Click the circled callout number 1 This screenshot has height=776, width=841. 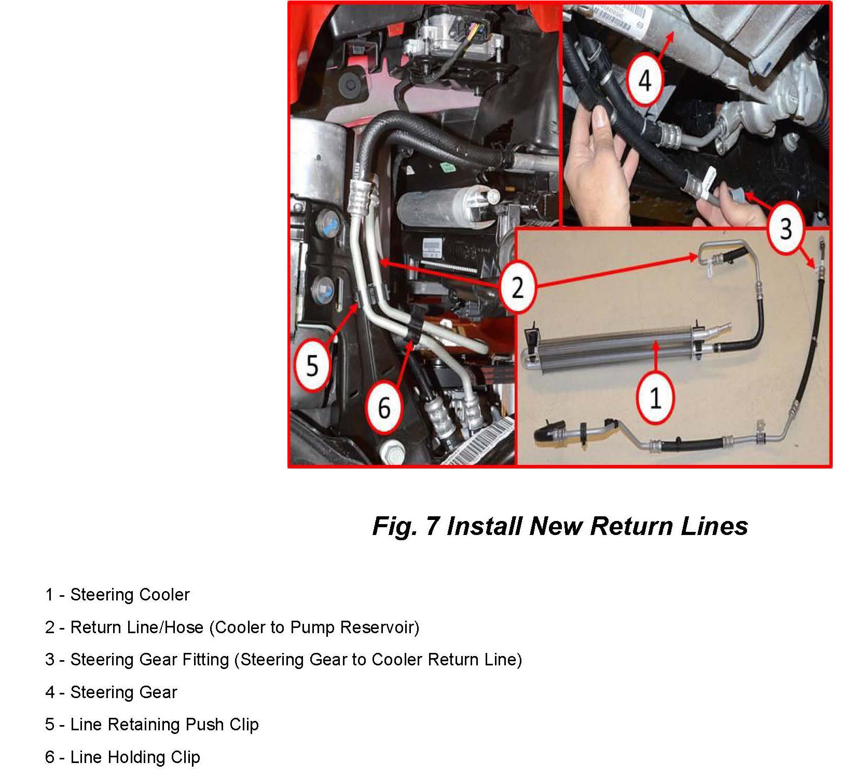click(x=655, y=398)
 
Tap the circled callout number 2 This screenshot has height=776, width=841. click(x=517, y=287)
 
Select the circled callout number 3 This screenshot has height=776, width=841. click(x=785, y=228)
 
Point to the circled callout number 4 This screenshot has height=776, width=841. click(x=644, y=80)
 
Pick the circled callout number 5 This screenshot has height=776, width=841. click(x=312, y=365)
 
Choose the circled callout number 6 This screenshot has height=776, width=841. click(x=384, y=408)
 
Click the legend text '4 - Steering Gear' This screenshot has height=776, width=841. click(x=111, y=692)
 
